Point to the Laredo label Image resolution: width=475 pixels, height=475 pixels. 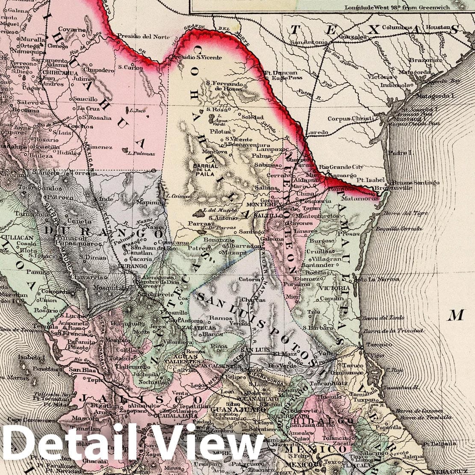click(x=317, y=133)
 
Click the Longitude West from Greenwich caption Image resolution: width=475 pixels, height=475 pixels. click(x=394, y=7)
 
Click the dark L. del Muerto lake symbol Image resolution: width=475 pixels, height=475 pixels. click(x=198, y=212)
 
